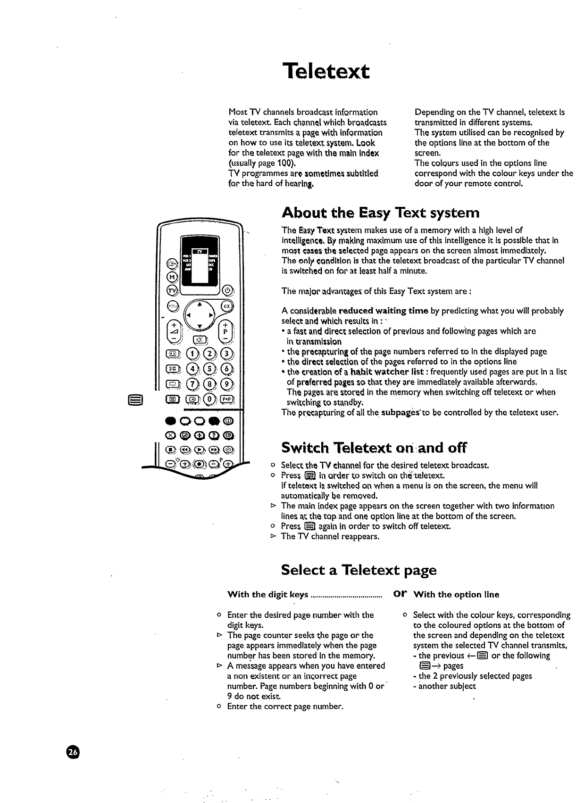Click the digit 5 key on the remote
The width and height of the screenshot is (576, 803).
(x=212, y=368)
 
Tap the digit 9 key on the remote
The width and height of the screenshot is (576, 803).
(x=229, y=383)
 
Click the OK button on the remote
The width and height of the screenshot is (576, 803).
(x=227, y=305)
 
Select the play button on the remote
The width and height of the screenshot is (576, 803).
(x=200, y=449)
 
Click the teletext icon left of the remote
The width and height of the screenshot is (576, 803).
(x=133, y=401)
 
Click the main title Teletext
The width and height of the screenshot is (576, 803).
(x=326, y=72)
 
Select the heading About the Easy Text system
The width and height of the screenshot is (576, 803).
(x=380, y=213)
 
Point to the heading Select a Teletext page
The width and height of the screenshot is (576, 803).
(x=359, y=570)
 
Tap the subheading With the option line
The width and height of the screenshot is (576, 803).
(x=456, y=595)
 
